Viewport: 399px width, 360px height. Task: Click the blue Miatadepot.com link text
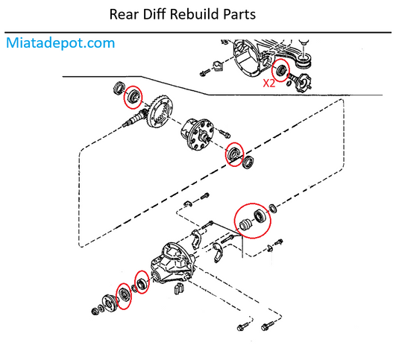(60, 42)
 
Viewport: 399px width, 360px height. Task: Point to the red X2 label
(268, 84)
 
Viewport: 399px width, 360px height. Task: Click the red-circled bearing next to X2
(281, 72)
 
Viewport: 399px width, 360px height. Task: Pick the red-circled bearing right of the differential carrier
(234, 154)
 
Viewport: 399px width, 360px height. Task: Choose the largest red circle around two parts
(252, 219)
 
